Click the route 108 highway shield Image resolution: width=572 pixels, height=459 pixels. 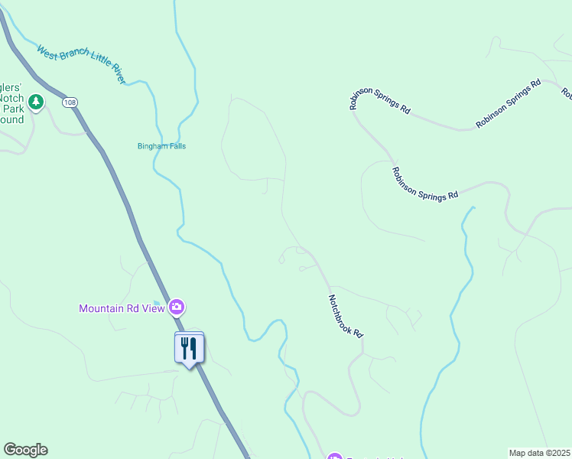(70, 103)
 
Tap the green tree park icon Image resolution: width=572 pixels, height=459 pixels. (35, 102)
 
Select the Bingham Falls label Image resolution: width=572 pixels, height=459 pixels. (161, 146)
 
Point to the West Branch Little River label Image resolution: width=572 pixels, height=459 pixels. (81, 64)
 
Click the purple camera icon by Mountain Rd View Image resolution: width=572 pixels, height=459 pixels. (177, 308)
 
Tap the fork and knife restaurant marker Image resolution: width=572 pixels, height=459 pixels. (189, 348)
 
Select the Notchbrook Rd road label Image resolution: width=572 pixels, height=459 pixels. (346, 317)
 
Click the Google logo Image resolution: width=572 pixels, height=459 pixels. (25, 450)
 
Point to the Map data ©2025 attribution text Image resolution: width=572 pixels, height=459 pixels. (539, 453)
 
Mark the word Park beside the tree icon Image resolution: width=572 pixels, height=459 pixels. (12, 109)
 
